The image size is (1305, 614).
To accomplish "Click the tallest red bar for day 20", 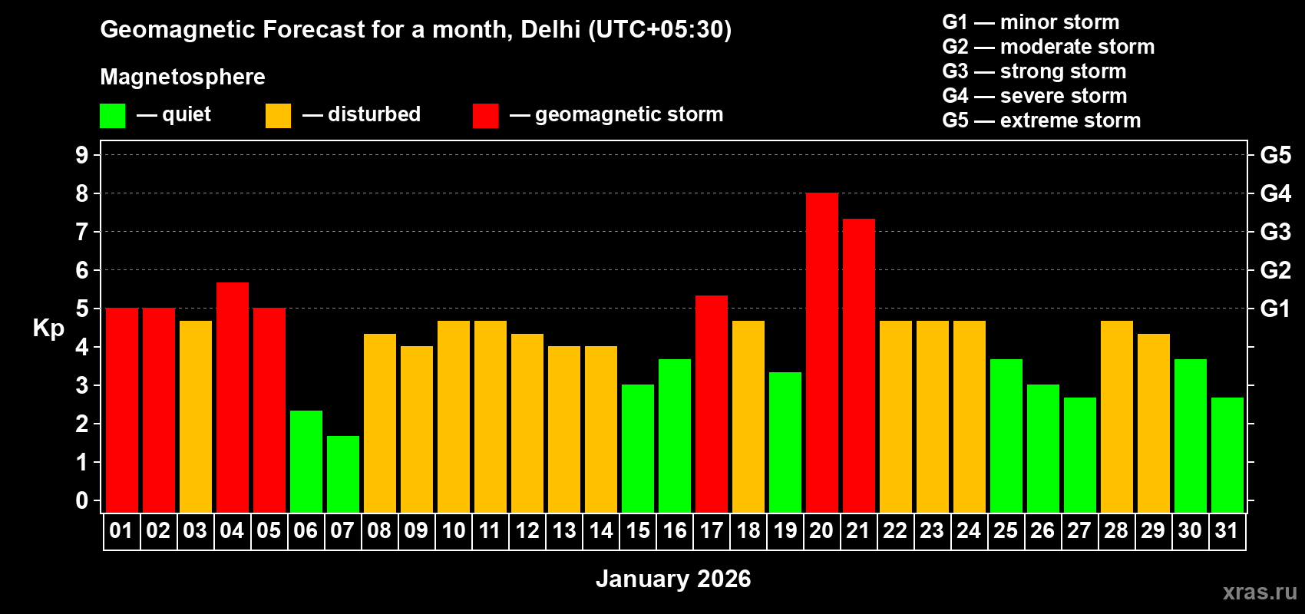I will (x=822, y=352).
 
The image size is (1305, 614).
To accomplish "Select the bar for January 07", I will (x=343, y=474).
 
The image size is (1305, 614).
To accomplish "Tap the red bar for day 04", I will (x=233, y=397).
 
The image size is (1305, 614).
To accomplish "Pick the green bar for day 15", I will (x=638, y=448).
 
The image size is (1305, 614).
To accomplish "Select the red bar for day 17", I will (x=712, y=404).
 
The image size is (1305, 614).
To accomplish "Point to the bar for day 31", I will (x=1227, y=454).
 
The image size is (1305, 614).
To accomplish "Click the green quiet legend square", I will (x=112, y=116).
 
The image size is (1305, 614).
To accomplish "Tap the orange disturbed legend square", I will (x=278, y=116).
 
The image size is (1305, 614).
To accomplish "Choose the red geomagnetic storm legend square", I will (x=485, y=116).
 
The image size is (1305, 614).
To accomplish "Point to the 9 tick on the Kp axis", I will (x=82, y=155).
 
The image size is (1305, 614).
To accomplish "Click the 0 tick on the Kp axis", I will (x=82, y=501).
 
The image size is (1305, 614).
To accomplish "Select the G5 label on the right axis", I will (x=1275, y=155).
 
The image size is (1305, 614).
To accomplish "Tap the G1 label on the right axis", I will (x=1275, y=309).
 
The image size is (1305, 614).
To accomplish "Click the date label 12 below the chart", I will (x=527, y=530).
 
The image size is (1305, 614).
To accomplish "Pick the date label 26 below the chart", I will (x=1042, y=530).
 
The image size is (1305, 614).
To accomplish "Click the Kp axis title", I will (x=48, y=328).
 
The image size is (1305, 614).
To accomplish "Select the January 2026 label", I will (x=673, y=579).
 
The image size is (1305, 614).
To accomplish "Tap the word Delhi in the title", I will (x=550, y=29).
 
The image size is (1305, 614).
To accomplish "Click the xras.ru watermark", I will (x=1260, y=592).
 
